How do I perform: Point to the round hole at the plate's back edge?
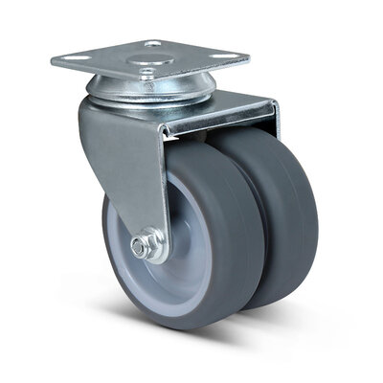[152, 44]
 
